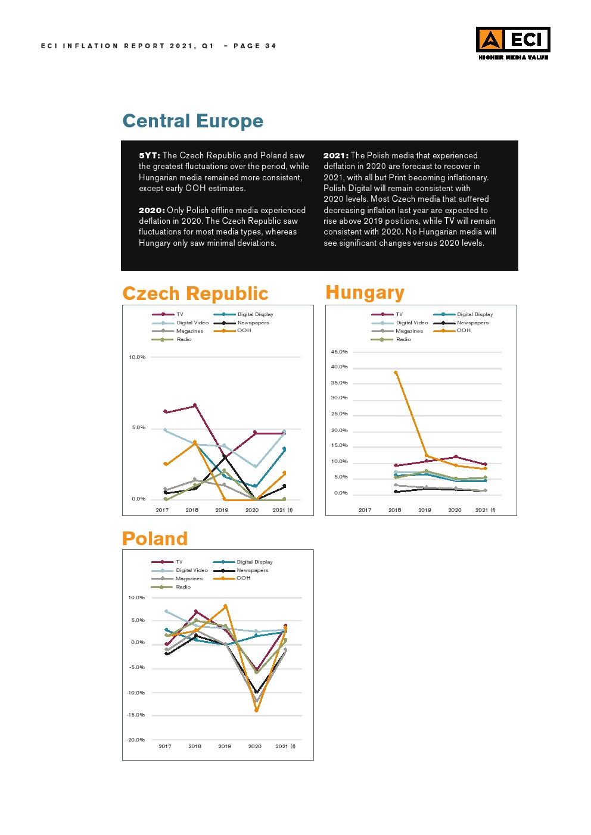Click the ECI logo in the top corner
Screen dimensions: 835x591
[x=512, y=42]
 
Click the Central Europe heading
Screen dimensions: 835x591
[x=192, y=121]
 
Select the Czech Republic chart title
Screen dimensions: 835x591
[x=195, y=293]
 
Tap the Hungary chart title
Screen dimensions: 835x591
[x=365, y=292]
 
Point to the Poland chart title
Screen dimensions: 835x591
[x=154, y=539]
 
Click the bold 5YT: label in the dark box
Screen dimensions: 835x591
[x=150, y=155]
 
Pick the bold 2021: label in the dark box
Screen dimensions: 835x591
[x=335, y=155]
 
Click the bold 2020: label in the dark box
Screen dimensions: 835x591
[x=151, y=210]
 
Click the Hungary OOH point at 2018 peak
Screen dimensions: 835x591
[x=396, y=373]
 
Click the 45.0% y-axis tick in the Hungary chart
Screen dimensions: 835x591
[x=339, y=352]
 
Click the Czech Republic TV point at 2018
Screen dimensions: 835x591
[x=195, y=405]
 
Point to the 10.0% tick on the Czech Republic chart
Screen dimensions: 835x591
[x=137, y=357]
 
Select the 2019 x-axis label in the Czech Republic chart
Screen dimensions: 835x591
[x=222, y=510]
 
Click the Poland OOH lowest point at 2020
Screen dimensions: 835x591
[x=256, y=710]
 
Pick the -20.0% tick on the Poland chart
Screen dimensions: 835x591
[x=136, y=740]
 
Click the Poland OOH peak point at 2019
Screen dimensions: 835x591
[x=225, y=606]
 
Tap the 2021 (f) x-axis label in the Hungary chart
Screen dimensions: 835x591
[x=485, y=510]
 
